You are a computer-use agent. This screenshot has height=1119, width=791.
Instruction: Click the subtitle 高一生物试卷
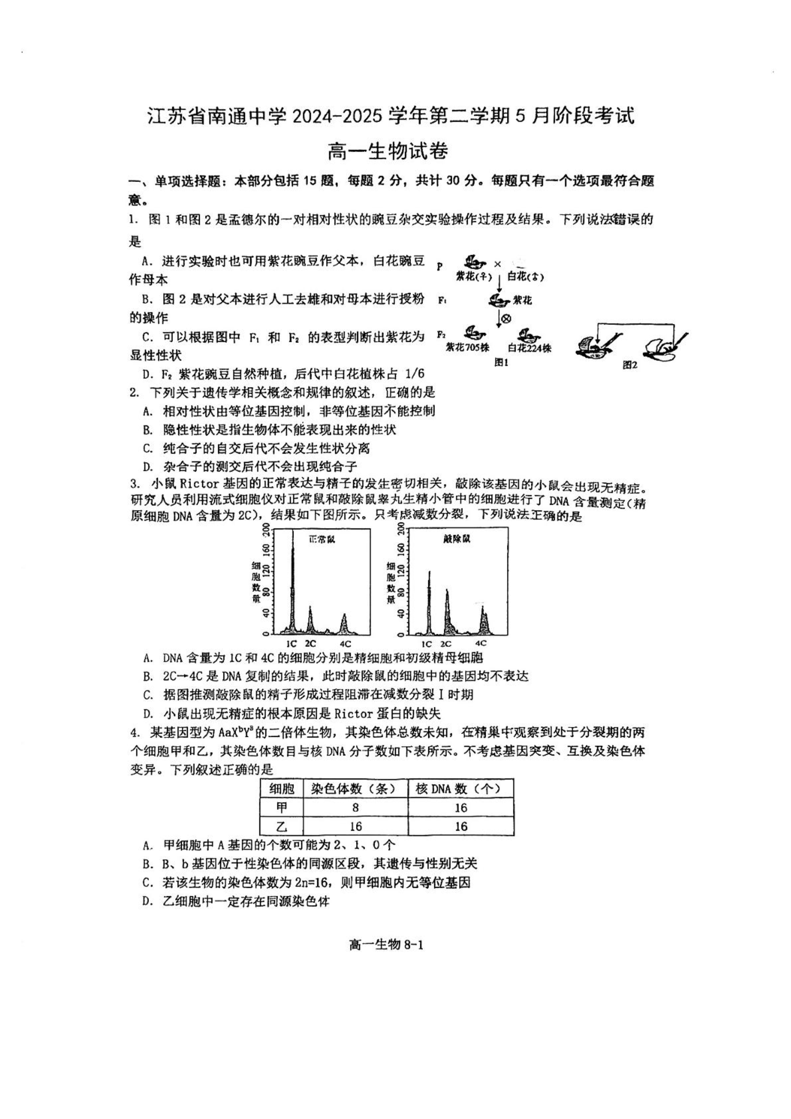[x=387, y=152]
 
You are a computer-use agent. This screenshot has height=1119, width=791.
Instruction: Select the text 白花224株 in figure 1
[x=529, y=349]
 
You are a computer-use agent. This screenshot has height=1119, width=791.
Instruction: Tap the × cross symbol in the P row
[x=497, y=264]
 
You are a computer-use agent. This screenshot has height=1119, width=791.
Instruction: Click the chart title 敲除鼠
[x=457, y=539]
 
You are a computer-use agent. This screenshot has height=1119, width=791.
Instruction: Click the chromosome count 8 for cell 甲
[x=355, y=807]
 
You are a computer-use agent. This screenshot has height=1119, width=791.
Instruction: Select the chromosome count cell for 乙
[x=355, y=826]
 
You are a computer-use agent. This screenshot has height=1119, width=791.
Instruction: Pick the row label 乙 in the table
[x=282, y=826]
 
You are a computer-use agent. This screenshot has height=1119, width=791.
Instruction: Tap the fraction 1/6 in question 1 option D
[x=414, y=374]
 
